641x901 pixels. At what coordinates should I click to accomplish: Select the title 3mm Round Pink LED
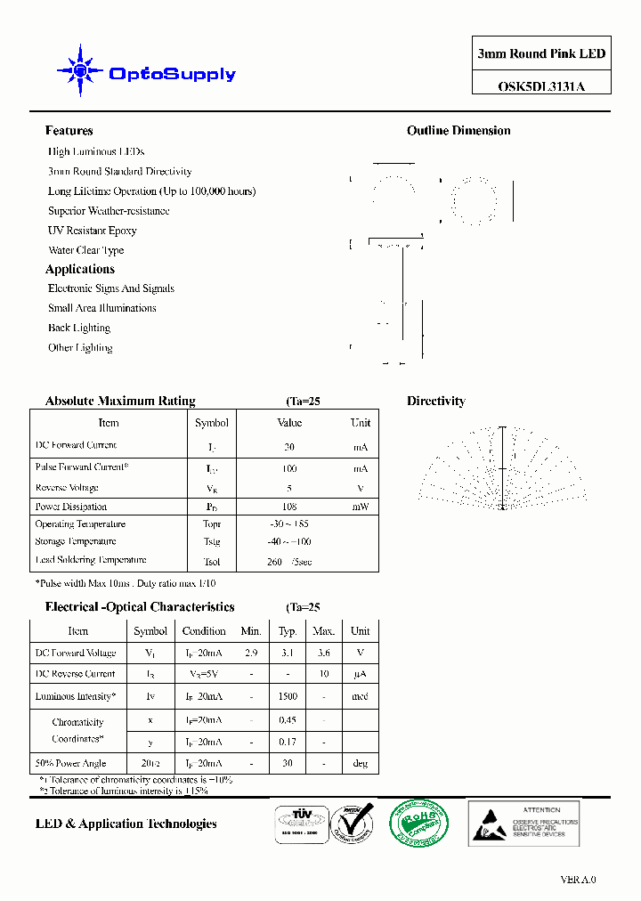tap(541, 54)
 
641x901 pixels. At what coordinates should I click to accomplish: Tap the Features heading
tap(69, 131)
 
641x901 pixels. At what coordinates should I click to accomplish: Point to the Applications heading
tap(80, 269)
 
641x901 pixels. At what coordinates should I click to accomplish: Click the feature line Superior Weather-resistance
tap(109, 211)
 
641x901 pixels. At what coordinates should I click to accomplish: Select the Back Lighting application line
tap(79, 328)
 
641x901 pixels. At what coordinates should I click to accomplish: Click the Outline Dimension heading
tap(458, 131)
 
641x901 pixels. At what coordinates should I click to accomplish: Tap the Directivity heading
tap(436, 402)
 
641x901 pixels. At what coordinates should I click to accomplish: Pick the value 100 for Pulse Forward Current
tap(289, 468)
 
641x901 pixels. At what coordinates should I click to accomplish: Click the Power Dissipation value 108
tap(289, 507)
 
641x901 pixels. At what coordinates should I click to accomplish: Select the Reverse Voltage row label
tap(67, 488)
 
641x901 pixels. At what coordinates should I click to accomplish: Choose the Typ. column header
tap(288, 631)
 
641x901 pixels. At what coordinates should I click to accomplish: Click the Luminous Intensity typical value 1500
tap(288, 697)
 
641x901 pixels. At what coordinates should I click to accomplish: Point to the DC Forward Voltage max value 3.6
tap(323, 653)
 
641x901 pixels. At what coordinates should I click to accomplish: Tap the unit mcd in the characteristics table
tap(360, 697)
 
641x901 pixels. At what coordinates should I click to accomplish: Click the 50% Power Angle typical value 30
tap(288, 764)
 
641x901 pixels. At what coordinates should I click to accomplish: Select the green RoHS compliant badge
tap(408, 822)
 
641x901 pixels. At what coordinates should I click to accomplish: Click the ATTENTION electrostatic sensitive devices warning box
tap(524, 822)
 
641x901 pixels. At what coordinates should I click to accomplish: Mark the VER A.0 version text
tap(578, 880)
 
